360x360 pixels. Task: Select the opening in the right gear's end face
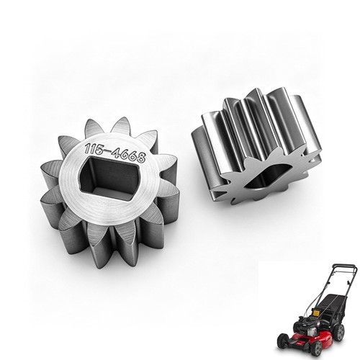(266, 176)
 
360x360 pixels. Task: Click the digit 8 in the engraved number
(141, 158)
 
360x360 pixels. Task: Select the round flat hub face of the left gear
(110, 181)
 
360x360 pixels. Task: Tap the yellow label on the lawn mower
(315, 313)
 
